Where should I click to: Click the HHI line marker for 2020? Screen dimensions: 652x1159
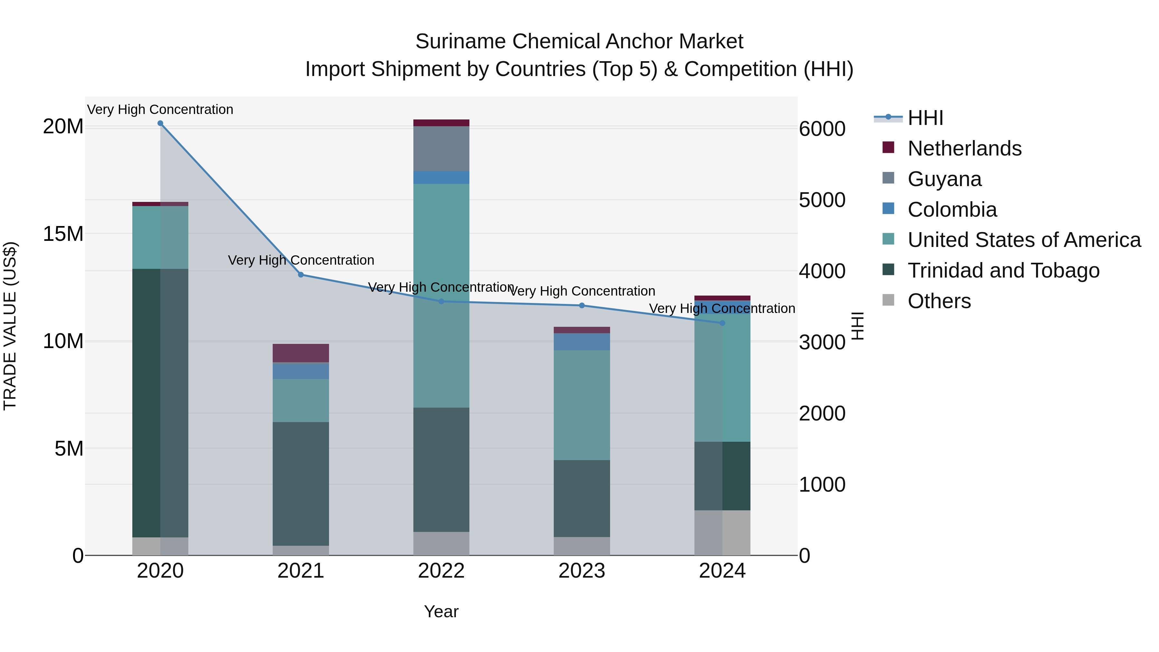(160, 123)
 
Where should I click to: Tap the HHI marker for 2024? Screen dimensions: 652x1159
(722, 323)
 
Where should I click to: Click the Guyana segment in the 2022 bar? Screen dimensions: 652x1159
(441, 148)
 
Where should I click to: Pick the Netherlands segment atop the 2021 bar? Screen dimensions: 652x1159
(301, 353)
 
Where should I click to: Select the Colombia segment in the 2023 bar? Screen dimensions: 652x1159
(582, 342)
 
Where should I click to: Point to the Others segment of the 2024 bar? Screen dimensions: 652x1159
(722, 533)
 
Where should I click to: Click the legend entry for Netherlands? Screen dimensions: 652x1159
(964, 148)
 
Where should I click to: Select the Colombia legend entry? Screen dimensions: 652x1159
(952, 210)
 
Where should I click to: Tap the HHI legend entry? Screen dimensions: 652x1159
(925, 118)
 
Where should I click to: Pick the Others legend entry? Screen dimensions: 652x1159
(939, 301)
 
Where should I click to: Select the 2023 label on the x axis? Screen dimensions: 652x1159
(582, 571)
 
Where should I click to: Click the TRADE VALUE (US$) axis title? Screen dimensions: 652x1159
(10, 326)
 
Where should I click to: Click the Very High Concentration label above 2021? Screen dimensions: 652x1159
(301, 260)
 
